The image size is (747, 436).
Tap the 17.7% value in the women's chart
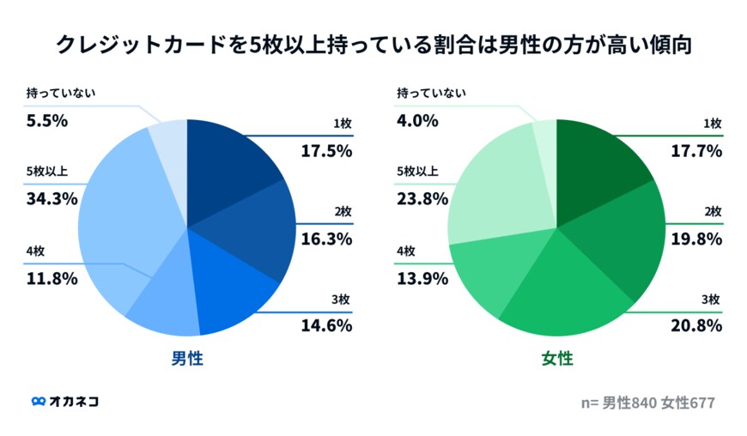pyautogui.click(x=696, y=151)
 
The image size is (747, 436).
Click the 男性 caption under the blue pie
pyautogui.click(x=186, y=358)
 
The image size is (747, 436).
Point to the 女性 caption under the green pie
pyautogui.click(x=556, y=358)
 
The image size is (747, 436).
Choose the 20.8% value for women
pyautogui.click(x=696, y=326)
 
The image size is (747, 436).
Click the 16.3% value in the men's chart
pyautogui.click(x=326, y=239)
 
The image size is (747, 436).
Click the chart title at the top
pyautogui.click(x=373, y=45)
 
